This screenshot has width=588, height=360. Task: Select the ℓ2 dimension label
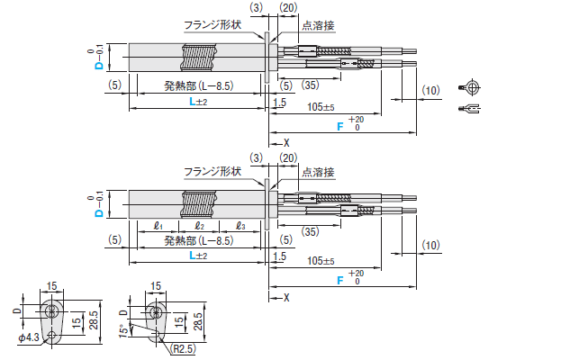coord(199,225)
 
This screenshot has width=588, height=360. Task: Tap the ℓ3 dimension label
coord(240,225)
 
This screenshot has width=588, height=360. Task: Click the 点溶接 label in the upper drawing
coord(317,26)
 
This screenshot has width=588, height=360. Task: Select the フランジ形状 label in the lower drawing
coord(213,171)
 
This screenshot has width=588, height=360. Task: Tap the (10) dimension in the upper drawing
coord(430,90)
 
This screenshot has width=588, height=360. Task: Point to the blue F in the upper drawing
coord(340,129)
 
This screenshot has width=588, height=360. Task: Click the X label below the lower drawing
coord(287,296)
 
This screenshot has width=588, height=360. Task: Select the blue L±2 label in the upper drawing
coord(198,103)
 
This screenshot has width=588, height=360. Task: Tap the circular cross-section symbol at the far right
coord(469,87)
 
